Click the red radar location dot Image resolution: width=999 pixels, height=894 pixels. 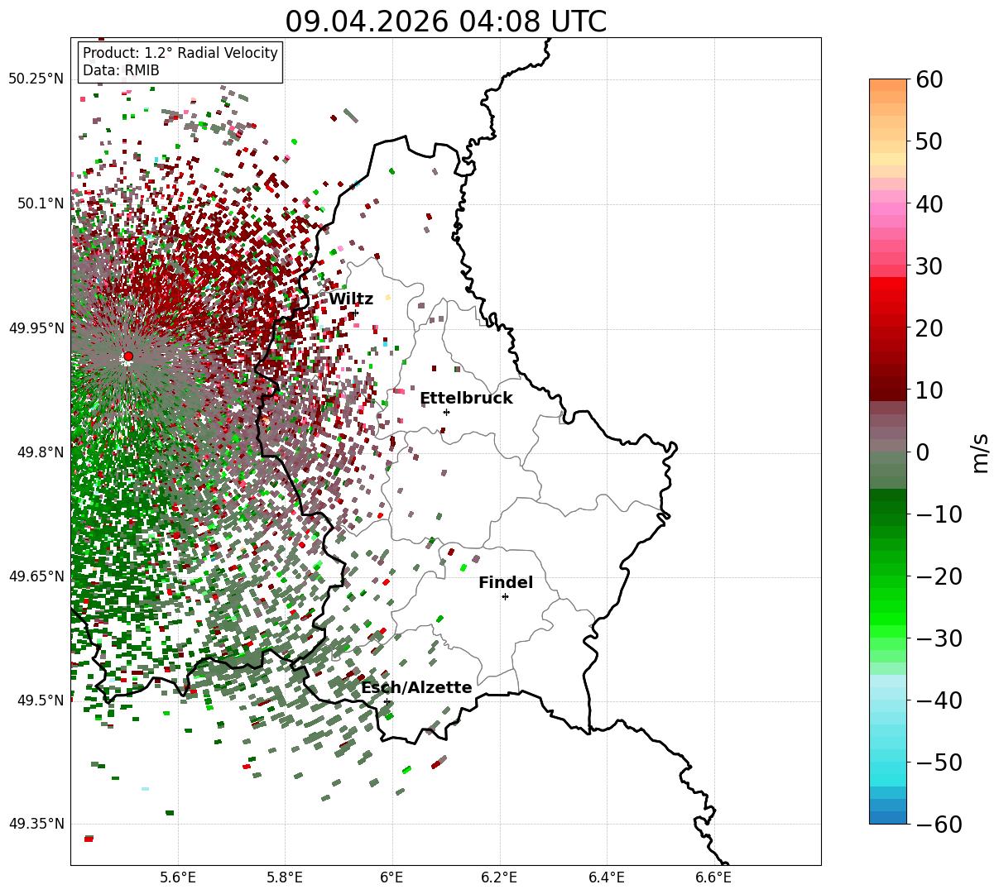(x=128, y=356)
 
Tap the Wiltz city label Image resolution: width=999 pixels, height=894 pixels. (x=351, y=299)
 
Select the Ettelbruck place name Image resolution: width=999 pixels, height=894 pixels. (x=466, y=398)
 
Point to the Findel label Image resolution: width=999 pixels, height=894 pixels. (x=506, y=582)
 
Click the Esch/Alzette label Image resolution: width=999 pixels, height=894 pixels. (x=416, y=687)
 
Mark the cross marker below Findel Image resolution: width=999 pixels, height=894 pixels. (x=505, y=597)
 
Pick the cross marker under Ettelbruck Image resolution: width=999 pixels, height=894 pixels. (x=446, y=412)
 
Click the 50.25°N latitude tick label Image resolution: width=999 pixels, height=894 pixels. (x=36, y=79)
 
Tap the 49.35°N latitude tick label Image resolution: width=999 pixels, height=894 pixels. (x=36, y=824)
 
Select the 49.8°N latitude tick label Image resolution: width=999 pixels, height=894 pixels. (x=41, y=452)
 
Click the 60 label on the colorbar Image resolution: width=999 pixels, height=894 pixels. (x=929, y=79)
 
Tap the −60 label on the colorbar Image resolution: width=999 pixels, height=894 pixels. (x=939, y=824)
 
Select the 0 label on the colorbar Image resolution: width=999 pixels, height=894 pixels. (x=923, y=452)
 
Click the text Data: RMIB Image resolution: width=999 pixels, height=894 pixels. (x=121, y=70)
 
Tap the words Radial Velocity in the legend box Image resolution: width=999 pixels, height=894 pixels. (x=228, y=53)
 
